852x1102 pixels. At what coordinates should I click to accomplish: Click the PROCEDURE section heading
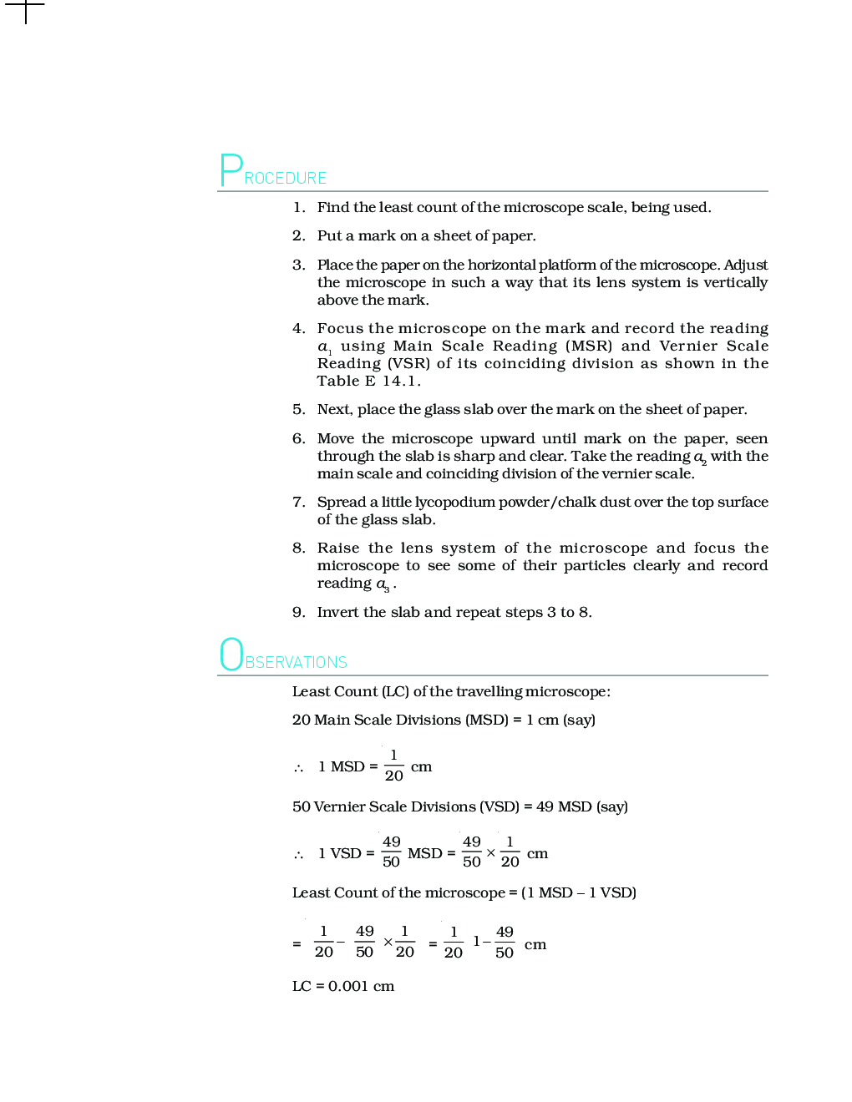click(x=273, y=172)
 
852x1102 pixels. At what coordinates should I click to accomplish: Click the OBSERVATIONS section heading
click(x=283, y=656)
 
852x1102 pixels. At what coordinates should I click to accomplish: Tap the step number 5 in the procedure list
click(x=298, y=410)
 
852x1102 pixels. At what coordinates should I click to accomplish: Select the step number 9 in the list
click(x=298, y=613)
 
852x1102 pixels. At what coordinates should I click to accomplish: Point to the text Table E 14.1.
click(x=368, y=382)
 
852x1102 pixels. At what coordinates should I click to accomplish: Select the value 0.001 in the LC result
click(x=348, y=987)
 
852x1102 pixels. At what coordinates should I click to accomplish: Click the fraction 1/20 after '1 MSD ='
click(x=394, y=766)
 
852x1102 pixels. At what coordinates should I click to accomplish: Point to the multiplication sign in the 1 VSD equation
click(x=490, y=853)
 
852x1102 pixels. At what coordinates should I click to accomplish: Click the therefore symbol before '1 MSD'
click(x=298, y=768)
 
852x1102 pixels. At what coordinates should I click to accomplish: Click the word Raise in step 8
click(x=338, y=548)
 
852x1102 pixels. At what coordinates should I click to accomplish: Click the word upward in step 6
click(x=507, y=439)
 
